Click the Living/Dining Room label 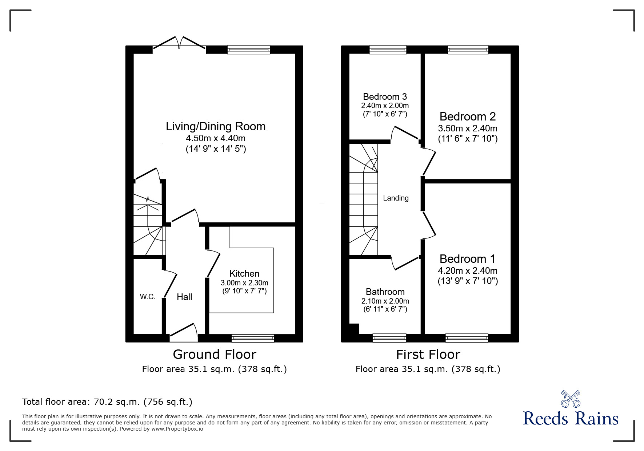pyautogui.click(x=216, y=127)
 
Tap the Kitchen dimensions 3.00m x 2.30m pyautogui.click(x=244, y=283)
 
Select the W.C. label pyautogui.click(x=148, y=297)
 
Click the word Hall pyautogui.click(x=184, y=297)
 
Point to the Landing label pyautogui.click(x=396, y=198)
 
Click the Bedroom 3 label pyautogui.click(x=385, y=96)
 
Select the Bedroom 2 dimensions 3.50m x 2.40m pyautogui.click(x=468, y=128)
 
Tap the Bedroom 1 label pyautogui.click(x=467, y=259)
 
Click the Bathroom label pyautogui.click(x=385, y=292)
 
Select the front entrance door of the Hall pyautogui.click(x=184, y=333)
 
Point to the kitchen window pyautogui.click(x=253, y=339)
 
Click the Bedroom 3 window pyautogui.click(x=388, y=50)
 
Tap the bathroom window pyautogui.click(x=389, y=339)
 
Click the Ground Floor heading pyautogui.click(x=215, y=354)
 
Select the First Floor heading pyautogui.click(x=428, y=354)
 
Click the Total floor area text pyautogui.click(x=107, y=402)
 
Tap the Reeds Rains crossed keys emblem pyautogui.click(x=571, y=399)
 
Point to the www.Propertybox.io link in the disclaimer pyautogui.click(x=177, y=429)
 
